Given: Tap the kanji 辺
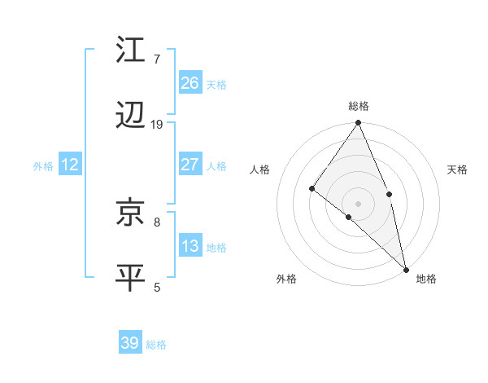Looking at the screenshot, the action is point(131,117).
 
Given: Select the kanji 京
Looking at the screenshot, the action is point(131,213).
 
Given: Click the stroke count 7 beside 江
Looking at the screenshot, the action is point(156,59).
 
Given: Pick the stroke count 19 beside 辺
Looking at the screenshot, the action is point(157,125).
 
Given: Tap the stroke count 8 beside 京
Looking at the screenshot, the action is point(156,221).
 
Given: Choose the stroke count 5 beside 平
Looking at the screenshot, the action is point(156,287).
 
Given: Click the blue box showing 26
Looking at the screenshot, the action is point(190,82).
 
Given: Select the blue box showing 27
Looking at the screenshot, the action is point(190,165).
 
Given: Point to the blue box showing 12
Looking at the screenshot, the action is point(69,165).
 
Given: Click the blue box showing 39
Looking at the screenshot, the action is point(130,343).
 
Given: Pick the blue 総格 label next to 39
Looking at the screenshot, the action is point(156,345).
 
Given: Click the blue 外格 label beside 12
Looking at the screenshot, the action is point(43,166).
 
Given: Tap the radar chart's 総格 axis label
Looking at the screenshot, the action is point(359,106).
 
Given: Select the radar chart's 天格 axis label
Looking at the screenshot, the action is point(458,169).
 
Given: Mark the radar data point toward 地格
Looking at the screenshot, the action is point(406,268).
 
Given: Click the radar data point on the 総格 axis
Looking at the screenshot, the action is point(359,123).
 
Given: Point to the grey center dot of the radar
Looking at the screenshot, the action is point(359,203).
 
